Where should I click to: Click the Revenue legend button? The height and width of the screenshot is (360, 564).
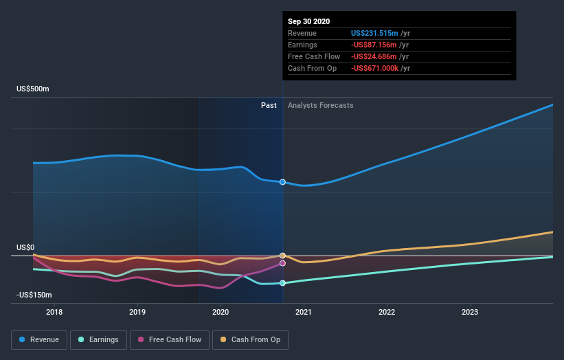point(40,339)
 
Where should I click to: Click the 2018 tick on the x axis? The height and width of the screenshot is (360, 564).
point(54,312)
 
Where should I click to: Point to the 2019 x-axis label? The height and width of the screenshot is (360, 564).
point(137,312)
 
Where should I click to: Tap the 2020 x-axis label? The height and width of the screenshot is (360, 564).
point(221,312)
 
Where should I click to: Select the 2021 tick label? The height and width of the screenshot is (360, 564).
point(304,312)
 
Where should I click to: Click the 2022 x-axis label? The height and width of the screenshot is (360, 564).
point(387,312)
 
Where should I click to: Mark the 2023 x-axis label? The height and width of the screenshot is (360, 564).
point(470,312)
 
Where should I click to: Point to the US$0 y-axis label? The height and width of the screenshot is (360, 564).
point(25,247)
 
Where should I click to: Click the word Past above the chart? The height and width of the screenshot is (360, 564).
point(269,105)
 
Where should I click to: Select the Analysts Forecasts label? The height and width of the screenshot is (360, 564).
point(321,105)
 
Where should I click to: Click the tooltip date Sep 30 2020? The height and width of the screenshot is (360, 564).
point(309,21)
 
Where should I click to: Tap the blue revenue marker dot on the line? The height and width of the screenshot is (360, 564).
point(282,182)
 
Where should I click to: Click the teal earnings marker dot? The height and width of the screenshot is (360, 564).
point(282,283)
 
